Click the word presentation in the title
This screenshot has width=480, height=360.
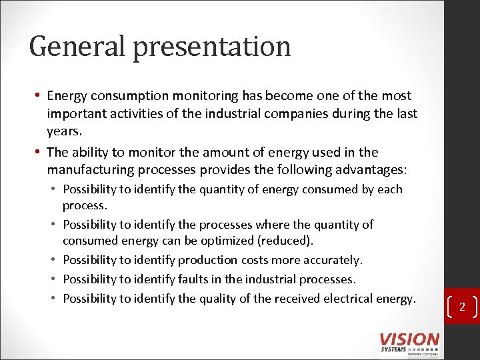click(212, 47)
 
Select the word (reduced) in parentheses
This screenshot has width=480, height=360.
click(291, 241)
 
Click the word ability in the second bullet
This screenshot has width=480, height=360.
click(91, 152)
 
